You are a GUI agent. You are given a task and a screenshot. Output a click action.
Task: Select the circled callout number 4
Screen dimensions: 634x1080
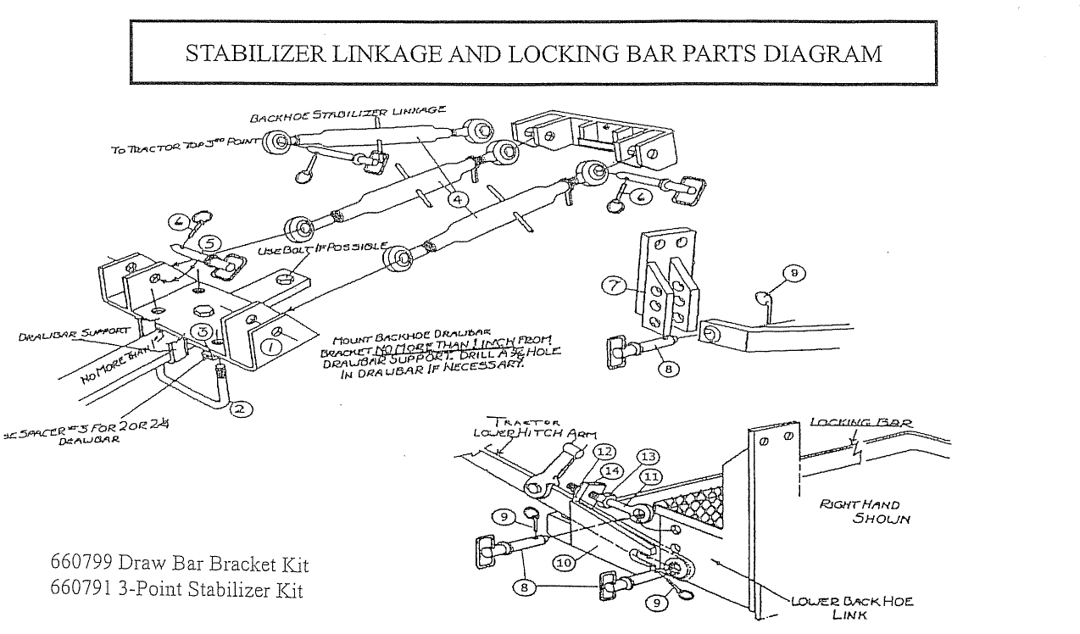point(457,201)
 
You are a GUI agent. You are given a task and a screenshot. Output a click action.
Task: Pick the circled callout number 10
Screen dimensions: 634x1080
point(563,561)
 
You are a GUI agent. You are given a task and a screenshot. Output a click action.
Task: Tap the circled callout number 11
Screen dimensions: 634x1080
point(651,477)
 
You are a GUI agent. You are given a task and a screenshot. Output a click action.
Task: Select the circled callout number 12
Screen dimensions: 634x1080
point(605,451)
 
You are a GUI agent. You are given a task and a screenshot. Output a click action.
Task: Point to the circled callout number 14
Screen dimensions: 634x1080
point(612,470)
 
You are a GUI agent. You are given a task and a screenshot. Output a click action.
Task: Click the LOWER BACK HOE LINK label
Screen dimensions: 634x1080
point(852,608)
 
